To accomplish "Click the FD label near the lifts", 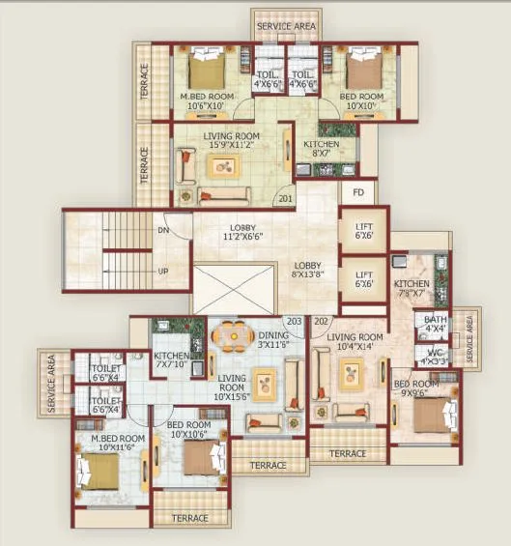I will click(x=357, y=192).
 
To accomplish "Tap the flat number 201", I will click(x=285, y=200).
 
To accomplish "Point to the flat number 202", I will click(x=321, y=321).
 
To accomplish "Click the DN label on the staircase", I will click(x=163, y=231).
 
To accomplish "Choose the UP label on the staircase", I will click(x=163, y=271).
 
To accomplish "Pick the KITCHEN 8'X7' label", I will click(x=322, y=148).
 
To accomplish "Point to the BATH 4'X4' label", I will click(x=435, y=324).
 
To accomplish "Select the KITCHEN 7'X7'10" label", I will click(x=172, y=361).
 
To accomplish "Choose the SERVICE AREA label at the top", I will click(x=286, y=26).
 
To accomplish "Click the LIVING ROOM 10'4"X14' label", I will click(x=355, y=341).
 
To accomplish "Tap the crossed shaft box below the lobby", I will click(x=235, y=288).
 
